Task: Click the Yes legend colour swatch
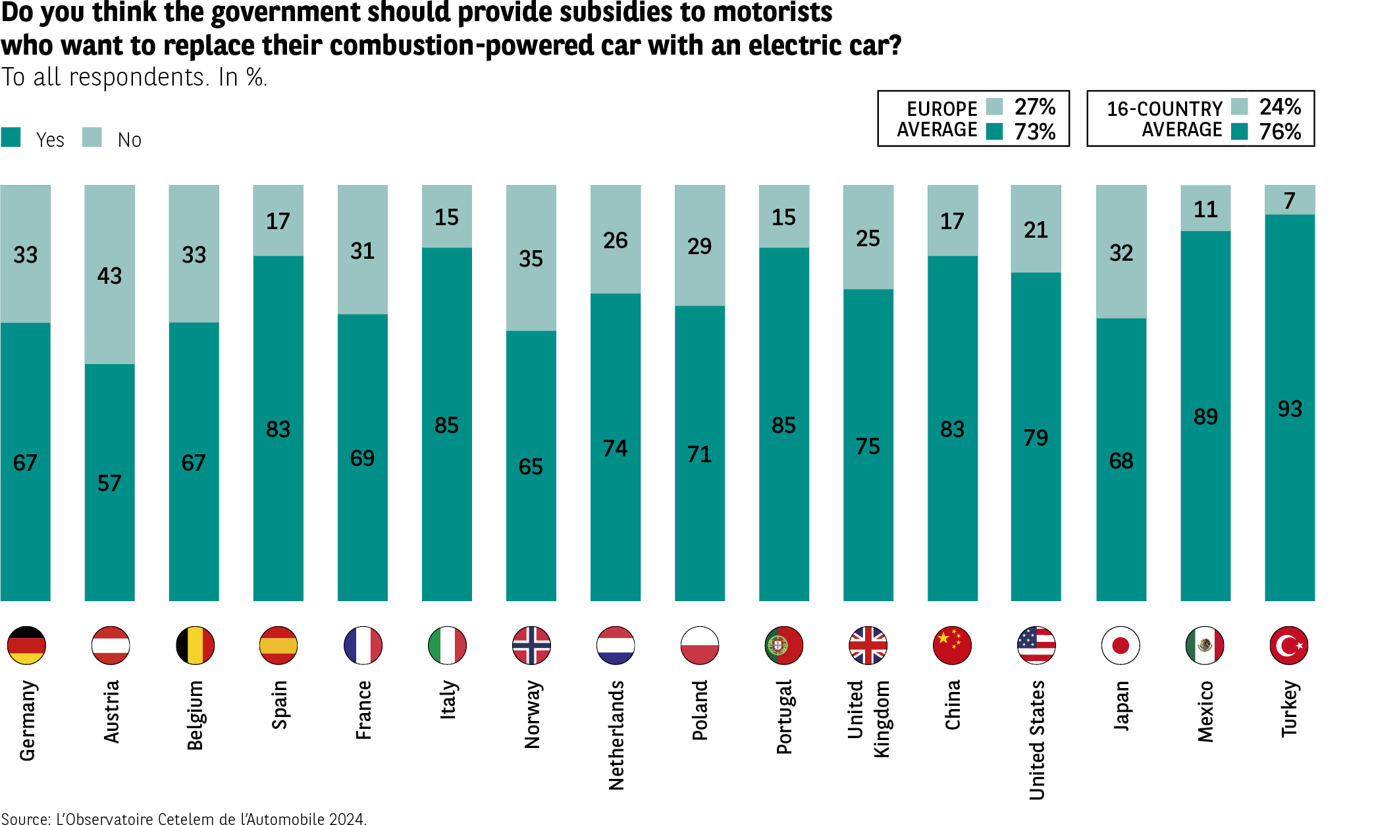(x=11, y=137)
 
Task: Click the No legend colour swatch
(x=92, y=137)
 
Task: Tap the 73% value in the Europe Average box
(x=1034, y=132)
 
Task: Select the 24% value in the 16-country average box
(x=1280, y=107)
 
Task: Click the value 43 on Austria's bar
(x=109, y=276)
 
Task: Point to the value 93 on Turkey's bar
(x=1290, y=409)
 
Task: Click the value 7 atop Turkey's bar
(x=1290, y=200)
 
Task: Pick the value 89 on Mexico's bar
(x=1205, y=417)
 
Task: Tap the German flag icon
(x=26, y=645)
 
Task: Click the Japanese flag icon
(x=1121, y=645)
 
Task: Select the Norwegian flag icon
(x=531, y=645)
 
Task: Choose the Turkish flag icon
(x=1289, y=645)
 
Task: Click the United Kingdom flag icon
(x=868, y=645)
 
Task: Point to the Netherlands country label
(x=616, y=735)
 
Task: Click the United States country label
(x=1037, y=740)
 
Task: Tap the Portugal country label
(x=784, y=717)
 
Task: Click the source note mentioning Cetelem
(x=184, y=818)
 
